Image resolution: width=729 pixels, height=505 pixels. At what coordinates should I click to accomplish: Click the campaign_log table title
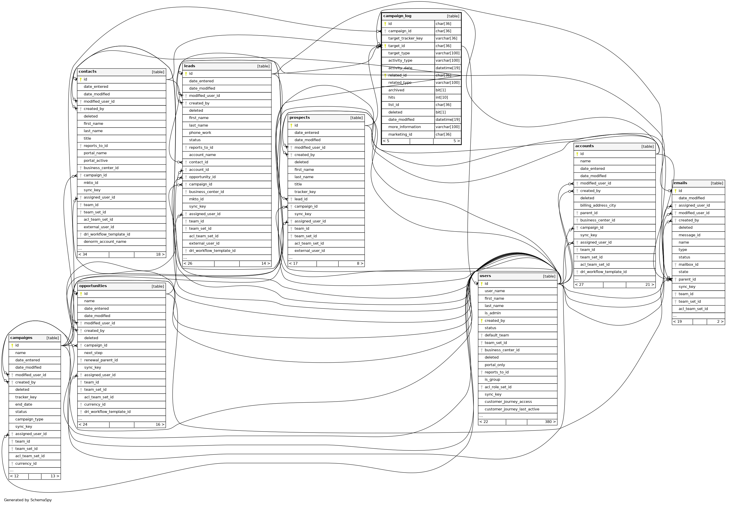pyautogui.click(x=397, y=16)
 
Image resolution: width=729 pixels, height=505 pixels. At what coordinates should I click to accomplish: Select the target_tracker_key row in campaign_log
pyautogui.click(x=405, y=38)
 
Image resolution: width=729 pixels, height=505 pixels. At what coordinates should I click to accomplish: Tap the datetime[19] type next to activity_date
pyautogui.click(x=448, y=68)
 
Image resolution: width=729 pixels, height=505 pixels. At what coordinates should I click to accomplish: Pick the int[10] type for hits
pyautogui.click(x=441, y=97)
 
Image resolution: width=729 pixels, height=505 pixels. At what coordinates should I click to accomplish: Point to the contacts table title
pyautogui.click(x=88, y=71)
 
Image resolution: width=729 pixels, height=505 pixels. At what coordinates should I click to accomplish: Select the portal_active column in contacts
pyautogui.click(x=96, y=161)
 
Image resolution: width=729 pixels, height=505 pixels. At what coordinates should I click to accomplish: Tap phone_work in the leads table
pyautogui.click(x=200, y=133)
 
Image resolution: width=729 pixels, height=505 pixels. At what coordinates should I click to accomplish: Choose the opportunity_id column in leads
pyautogui.click(x=202, y=177)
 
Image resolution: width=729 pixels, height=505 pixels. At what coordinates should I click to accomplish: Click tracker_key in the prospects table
pyautogui.click(x=305, y=192)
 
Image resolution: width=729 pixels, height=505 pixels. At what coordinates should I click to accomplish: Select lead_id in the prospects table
pyautogui.click(x=301, y=199)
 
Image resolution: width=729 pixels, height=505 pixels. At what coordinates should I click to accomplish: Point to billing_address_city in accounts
pyautogui.click(x=598, y=206)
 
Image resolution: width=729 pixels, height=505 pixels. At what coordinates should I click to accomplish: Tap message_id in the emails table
pyautogui.click(x=689, y=235)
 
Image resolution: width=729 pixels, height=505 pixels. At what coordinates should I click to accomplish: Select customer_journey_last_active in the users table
pyautogui.click(x=512, y=409)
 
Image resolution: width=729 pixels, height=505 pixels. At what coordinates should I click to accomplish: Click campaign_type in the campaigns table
pyautogui.click(x=29, y=419)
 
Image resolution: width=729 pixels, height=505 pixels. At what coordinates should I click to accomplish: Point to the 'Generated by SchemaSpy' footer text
pyautogui.click(x=28, y=500)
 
